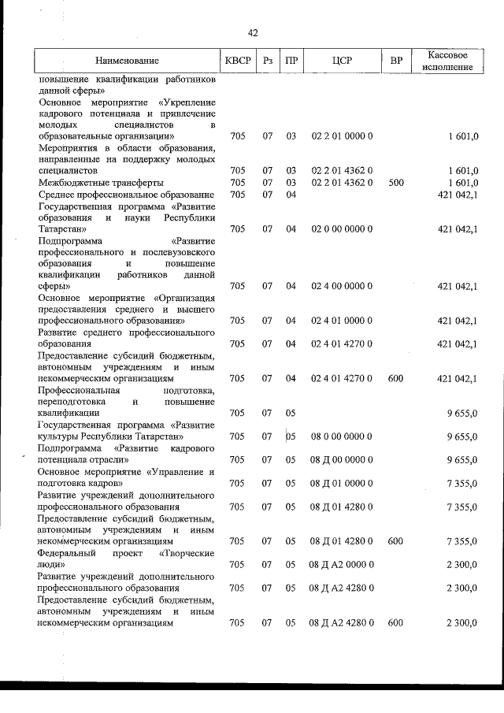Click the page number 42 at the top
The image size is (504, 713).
pos(253,33)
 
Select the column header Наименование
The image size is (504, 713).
pos(127,61)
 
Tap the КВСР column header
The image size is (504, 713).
pos(238,61)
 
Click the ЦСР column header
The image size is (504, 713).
pos(342,61)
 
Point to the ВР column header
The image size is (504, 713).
pos(396,61)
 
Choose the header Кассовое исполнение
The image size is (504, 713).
pos(452,61)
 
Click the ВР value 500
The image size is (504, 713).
pos(396,182)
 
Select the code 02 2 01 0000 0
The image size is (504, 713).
pos(342,136)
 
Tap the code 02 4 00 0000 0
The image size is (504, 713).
pos(342,286)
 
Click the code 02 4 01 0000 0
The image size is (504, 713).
pos(342,321)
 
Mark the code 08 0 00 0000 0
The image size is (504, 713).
pos(342,436)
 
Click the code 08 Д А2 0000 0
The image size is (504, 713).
pos(342,565)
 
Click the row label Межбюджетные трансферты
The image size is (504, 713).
pos(91,182)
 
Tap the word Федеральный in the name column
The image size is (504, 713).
pos(68,554)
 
